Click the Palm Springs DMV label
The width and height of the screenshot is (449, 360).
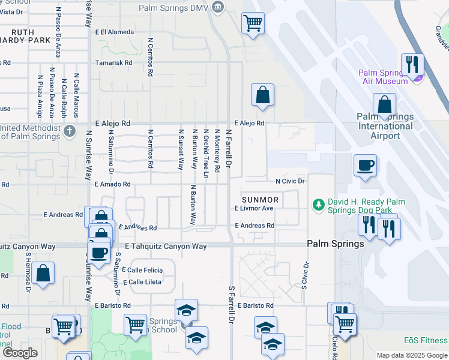pyautogui.click(x=172, y=8)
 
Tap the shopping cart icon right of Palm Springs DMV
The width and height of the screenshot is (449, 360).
pyautogui.click(x=253, y=23)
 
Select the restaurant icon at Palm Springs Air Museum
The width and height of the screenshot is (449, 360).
pyautogui.click(x=412, y=64)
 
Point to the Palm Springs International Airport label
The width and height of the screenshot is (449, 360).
pyautogui.click(x=385, y=126)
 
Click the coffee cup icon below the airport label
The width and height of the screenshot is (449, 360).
pyautogui.click(x=364, y=165)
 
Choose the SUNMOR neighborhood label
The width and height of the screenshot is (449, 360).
pyautogui.click(x=260, y=199)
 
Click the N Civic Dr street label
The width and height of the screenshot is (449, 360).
pyautogui.click(x=291, y=181)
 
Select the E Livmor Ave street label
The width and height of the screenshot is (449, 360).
pyautogui.click(x=254, y=208)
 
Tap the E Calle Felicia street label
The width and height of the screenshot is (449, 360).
pyautogui.click(x=142, y=271)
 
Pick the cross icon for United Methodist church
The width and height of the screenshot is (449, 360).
pyautogui.click(x=70, y=131)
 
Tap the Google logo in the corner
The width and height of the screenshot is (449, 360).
pyautogui.click(x=20, y=353)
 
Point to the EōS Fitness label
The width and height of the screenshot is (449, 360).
pyautogui.click(x=425, y=340)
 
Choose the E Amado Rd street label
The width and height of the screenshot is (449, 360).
pyautogui.click(x=112, y=184)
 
